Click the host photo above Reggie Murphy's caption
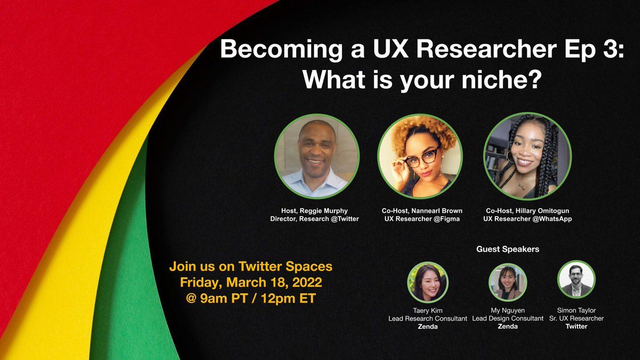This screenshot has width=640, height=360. tap(316, 156)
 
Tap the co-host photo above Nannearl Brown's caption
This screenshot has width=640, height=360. tap(420, 156)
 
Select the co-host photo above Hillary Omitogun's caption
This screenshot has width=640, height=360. tap(527, 156)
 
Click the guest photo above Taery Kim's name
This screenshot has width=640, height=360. tap(428, 282)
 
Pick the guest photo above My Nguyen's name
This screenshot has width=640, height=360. tap(507, 282)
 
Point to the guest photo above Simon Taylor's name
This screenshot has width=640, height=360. tap(576, 279)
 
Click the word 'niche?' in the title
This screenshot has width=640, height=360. tap(502, 79)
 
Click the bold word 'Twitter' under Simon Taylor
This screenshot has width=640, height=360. tap(576, 326)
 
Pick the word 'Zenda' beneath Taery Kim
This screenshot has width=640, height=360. tap(428, 326)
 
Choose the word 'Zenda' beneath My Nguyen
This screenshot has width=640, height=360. tap(507, 326)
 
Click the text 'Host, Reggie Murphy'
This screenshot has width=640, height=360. tap(314, 211)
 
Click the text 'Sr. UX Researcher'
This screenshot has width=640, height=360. tap(576, 318)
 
